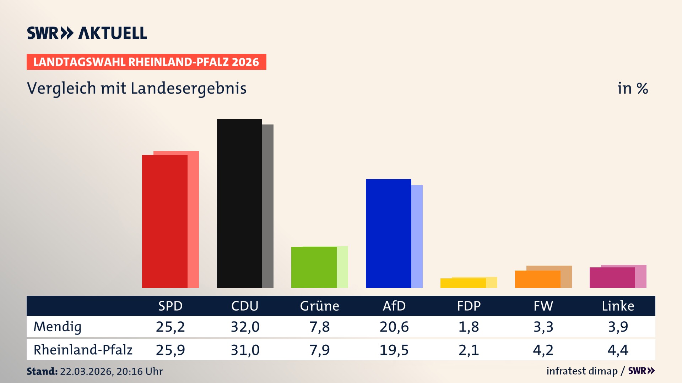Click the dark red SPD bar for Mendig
[164, 221]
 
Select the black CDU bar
[239, 204]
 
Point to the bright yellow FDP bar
[463, 283]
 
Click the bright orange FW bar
[537, 279]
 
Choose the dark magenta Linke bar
[612, 278]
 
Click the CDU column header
[245, 306]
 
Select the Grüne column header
[319, 306]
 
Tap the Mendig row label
[58, 327]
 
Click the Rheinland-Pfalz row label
[83, 350]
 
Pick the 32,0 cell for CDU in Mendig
[245, 327]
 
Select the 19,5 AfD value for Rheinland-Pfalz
[394, 350]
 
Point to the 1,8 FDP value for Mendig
[469, 327]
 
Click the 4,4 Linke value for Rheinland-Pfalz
[618, 350]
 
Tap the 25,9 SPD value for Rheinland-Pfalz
[170, 350]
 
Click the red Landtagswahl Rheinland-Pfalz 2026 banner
[146, 62]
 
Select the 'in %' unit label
[633, 88]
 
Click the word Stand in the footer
[42, 371]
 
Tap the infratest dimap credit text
[582, 371]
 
